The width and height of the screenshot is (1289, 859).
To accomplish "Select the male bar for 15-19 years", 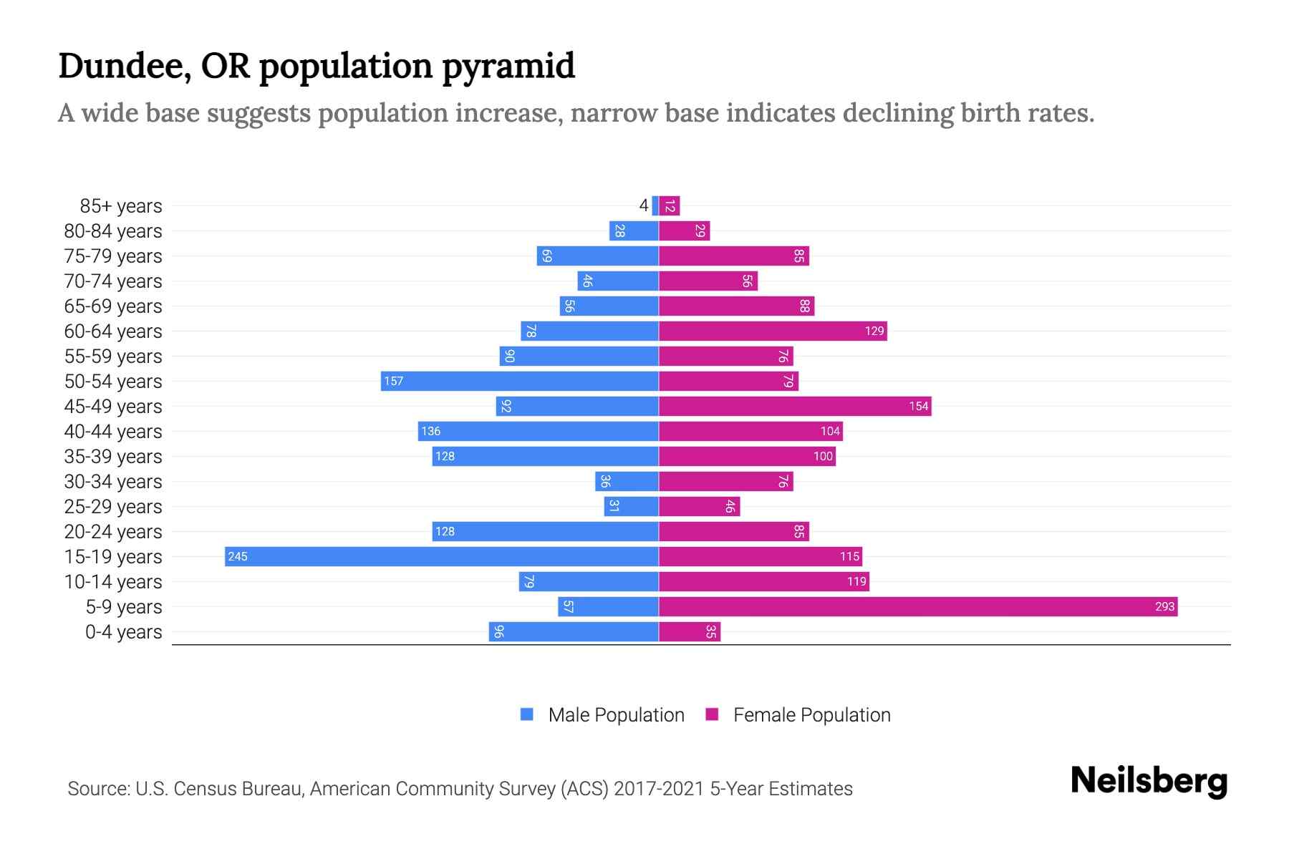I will pos(441,556).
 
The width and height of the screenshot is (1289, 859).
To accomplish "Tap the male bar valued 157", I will pos(519,381).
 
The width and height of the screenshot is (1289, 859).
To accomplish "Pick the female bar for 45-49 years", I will pos(794,406).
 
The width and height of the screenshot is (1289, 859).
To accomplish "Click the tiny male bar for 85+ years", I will pos(655,206).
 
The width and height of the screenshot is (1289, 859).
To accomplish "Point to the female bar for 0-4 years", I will pos(689,631).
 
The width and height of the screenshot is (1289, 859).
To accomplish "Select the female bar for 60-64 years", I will pos(772,331).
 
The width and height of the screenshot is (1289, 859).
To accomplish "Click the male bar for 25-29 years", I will pos(631,506).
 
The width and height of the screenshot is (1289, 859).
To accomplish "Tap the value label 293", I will pos(1164,606).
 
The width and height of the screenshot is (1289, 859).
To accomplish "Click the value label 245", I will pos(238,556).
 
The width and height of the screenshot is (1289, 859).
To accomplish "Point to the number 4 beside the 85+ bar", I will pos(643,206).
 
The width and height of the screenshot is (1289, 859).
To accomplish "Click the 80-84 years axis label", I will pos(113,231).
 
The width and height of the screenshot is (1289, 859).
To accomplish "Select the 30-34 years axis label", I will pos(113,482).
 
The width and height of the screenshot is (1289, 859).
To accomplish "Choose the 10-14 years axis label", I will pos(113,582).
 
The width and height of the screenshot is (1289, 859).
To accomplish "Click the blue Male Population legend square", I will pos(527,714).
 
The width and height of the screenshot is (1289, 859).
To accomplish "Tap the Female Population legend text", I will pos(811,715).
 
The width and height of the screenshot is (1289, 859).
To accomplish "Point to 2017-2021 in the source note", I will pos(658,789).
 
